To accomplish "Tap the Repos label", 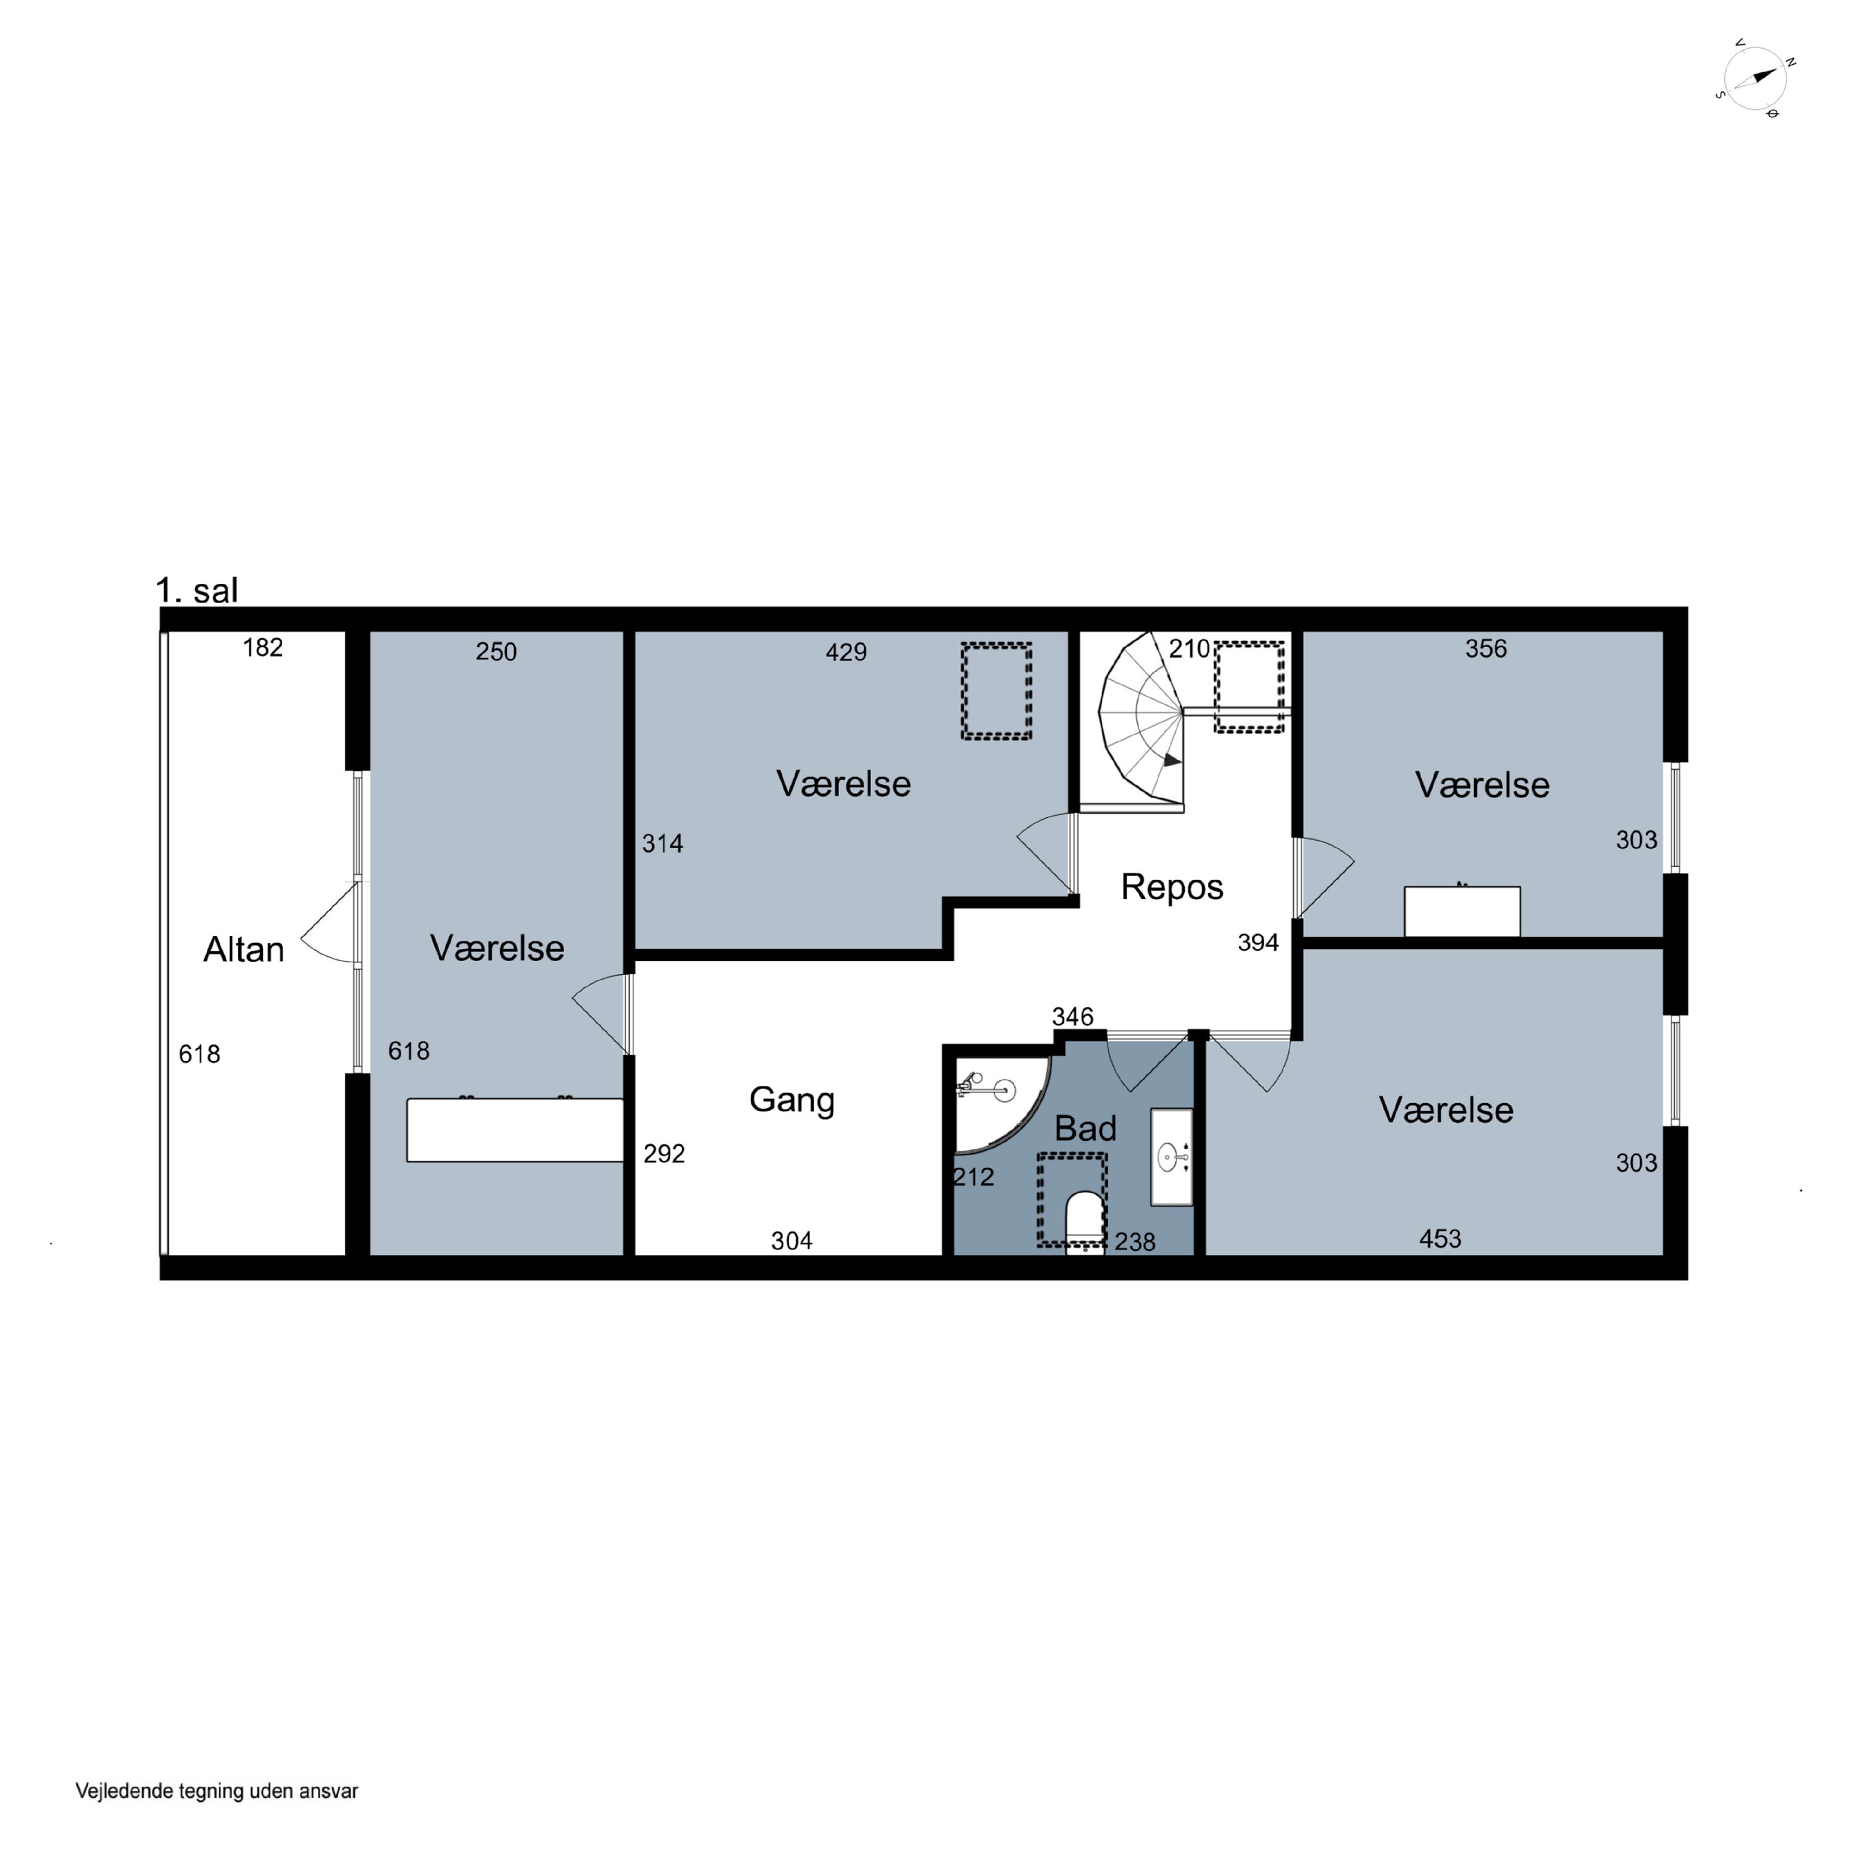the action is tap(1172, 886).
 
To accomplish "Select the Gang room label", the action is tap(792, 1099).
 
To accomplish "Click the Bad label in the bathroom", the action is tap(1085, 1128).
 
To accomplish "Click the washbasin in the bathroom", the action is tap(1172, 1157).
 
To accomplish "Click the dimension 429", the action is tap(846, 652).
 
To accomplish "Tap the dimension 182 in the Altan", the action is tap(262, 648).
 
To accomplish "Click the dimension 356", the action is tap(1486, 649).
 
